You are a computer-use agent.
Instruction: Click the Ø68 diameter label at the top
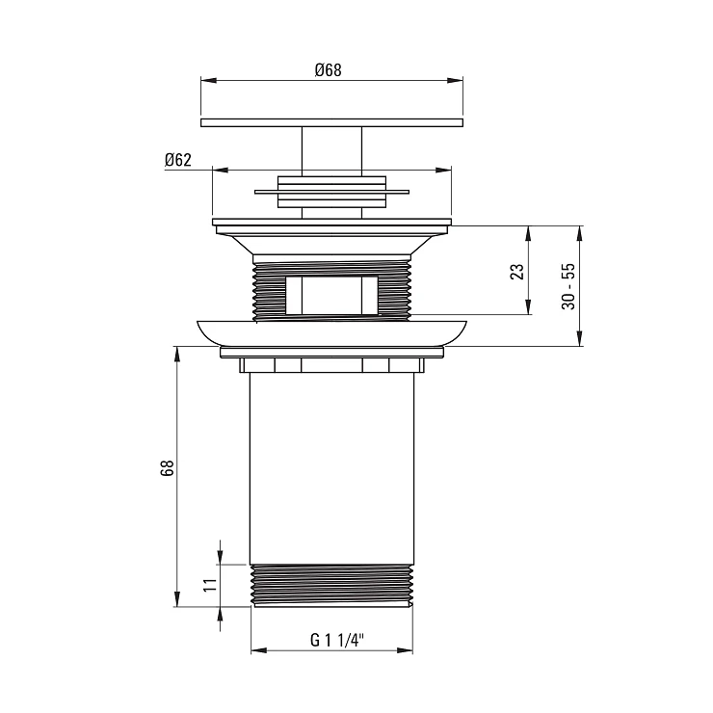tap(328, 70)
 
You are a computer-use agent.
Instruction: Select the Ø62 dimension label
tap(178, 160)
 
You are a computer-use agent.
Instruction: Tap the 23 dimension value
tap(517, 272)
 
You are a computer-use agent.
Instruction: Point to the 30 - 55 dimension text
tap(568, 286)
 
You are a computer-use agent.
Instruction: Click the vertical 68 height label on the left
tap(168, 468)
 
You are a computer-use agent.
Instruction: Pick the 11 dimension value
tap(210, 585)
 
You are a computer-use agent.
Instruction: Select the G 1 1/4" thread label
tap(337, 640)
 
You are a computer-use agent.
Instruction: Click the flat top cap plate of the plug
tap(332, 122)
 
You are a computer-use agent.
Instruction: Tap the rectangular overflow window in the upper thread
tap(332, 295)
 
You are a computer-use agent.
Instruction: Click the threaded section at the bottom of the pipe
tap(332, 585)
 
